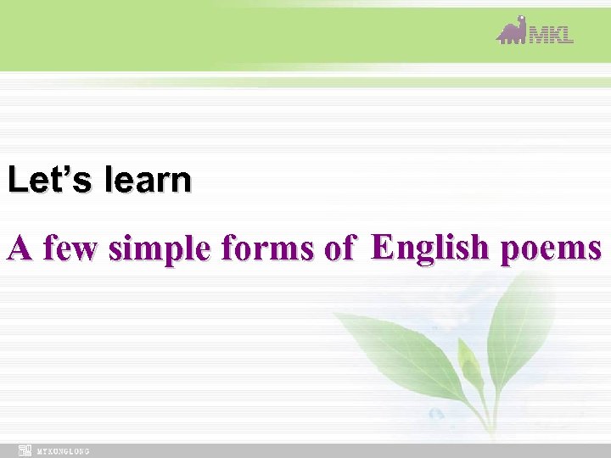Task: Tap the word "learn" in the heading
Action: coord(148,180)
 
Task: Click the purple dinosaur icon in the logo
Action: coord(512,31)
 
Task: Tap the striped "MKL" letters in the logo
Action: coord(552,35)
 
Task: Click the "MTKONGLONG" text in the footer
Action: coord(63,451)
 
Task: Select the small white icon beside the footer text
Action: coord(25,450)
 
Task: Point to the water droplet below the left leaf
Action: coord(436,414)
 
